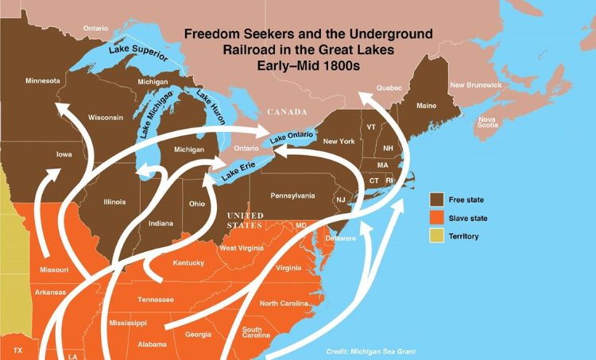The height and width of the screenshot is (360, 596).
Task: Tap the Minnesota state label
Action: (42, 81)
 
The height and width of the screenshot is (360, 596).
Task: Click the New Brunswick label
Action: (475, 85)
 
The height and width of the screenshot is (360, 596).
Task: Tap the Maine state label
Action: (426, 105)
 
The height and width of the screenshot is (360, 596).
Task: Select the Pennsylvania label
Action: (292, 195)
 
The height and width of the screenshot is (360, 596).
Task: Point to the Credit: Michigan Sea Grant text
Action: (370, 350)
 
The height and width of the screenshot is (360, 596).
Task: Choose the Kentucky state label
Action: (189, 262)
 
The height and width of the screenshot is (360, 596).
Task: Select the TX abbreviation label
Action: (18, 350)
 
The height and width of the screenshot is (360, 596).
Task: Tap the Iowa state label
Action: (64, 154)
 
